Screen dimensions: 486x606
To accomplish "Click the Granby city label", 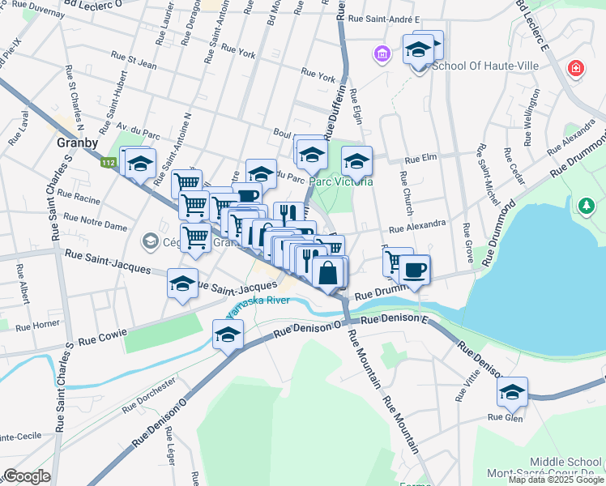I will point(78,143).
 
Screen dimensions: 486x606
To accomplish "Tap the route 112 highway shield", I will point(108,163).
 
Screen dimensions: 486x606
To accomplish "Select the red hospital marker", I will point(575,69).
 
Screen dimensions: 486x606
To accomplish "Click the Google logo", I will point(27,476).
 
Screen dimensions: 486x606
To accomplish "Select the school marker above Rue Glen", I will point(512,394).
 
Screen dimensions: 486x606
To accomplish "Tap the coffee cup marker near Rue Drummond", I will point(415,271).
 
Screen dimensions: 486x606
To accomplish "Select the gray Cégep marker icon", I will point(149,241).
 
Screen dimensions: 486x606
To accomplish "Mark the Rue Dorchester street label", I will point(149,393).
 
